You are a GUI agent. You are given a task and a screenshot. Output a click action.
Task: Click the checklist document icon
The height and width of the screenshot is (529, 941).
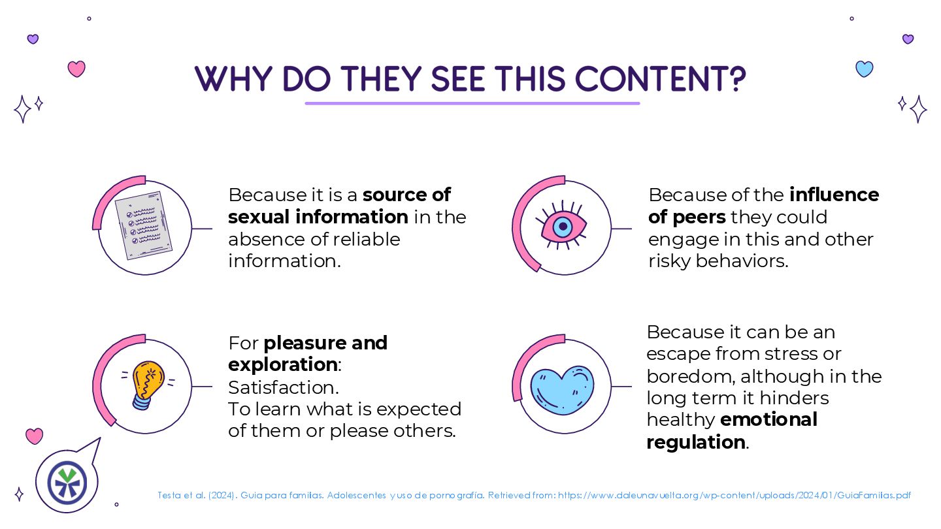click(143, 226)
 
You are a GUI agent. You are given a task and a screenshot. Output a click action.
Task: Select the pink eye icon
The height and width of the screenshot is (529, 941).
click(561, 226)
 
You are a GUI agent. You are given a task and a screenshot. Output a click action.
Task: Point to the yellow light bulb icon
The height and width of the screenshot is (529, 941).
click(147, 385)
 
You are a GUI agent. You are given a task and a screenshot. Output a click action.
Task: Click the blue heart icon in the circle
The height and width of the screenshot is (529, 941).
click(562, 390)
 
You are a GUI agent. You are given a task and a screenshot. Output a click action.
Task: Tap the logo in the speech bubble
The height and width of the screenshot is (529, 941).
click(67, 482)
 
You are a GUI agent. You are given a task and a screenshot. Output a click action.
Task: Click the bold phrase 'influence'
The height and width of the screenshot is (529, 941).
click(834, 195)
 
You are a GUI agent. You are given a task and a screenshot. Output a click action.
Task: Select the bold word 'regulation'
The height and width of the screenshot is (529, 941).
click(696, 442)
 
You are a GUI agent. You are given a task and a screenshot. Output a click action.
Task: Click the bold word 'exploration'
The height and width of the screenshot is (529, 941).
click(282, 364)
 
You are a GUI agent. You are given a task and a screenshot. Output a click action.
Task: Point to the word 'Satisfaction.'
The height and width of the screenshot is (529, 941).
click(284, 387)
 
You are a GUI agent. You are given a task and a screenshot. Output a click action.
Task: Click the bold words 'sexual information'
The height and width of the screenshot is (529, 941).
click(318, 217)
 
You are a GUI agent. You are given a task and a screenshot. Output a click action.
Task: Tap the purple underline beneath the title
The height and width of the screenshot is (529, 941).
click(472, 103)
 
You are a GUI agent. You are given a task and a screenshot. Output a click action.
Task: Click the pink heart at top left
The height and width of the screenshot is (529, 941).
click(76, 69)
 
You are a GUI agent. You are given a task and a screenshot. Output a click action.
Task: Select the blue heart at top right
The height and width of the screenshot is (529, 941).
click(865, 69)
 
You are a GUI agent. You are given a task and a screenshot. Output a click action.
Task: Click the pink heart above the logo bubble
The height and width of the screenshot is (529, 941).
click(34, 436)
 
